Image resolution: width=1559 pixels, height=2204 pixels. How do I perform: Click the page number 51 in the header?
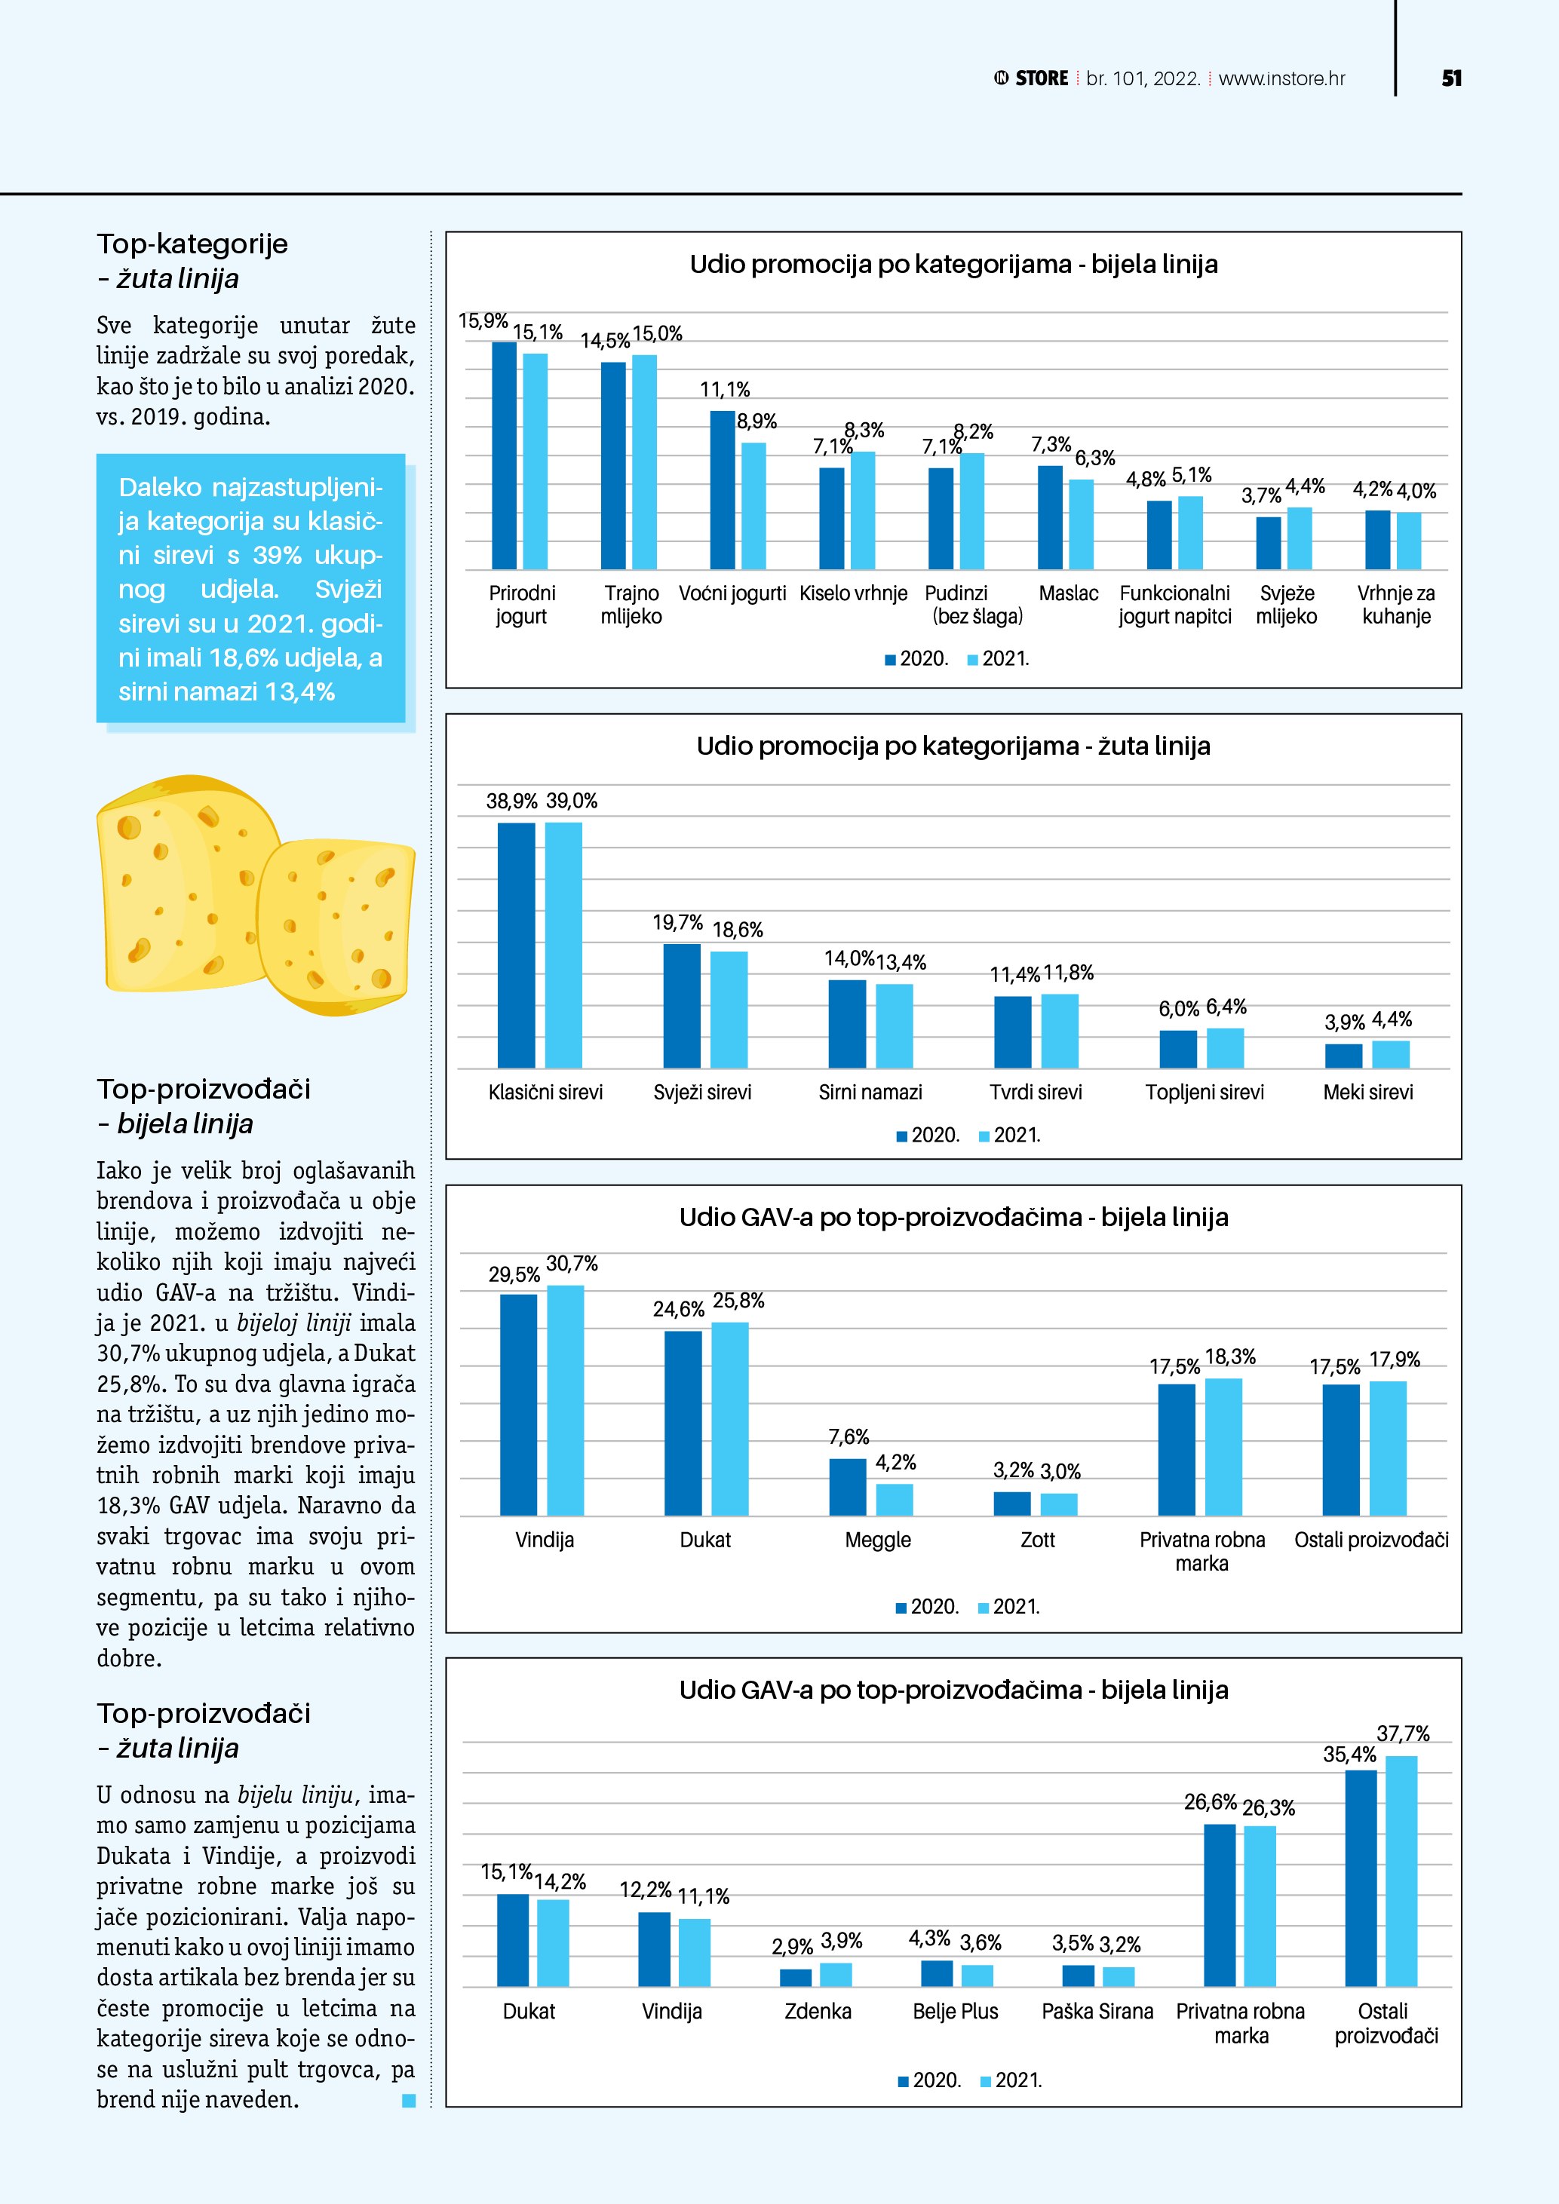point(1451,78)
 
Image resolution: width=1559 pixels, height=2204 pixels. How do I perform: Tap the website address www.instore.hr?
point(1281,78)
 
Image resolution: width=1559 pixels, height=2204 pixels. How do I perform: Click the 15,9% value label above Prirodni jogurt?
point(483,320)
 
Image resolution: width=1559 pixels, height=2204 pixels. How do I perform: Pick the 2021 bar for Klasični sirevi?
point(563,945)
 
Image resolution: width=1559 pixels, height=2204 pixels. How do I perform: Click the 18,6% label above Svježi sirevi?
point(737,929)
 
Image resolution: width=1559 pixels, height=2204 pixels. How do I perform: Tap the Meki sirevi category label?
point(1368,1093)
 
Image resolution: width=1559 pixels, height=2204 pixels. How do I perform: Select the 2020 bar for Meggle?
point(848,1487)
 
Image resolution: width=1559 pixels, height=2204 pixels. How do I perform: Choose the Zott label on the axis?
point(1038,1540)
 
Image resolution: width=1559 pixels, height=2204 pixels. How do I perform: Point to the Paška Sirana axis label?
point(1097,2011)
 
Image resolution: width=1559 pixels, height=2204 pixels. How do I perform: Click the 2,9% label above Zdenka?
point(792,1947)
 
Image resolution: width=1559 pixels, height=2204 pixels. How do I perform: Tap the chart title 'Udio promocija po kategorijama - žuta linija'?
point(953,746)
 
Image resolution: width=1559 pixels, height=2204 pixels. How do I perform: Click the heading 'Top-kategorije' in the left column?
point(192,244)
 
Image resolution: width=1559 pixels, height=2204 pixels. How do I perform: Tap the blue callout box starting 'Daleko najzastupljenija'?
point(250,588)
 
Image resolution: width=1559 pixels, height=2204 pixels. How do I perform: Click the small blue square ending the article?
point(409,2101)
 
